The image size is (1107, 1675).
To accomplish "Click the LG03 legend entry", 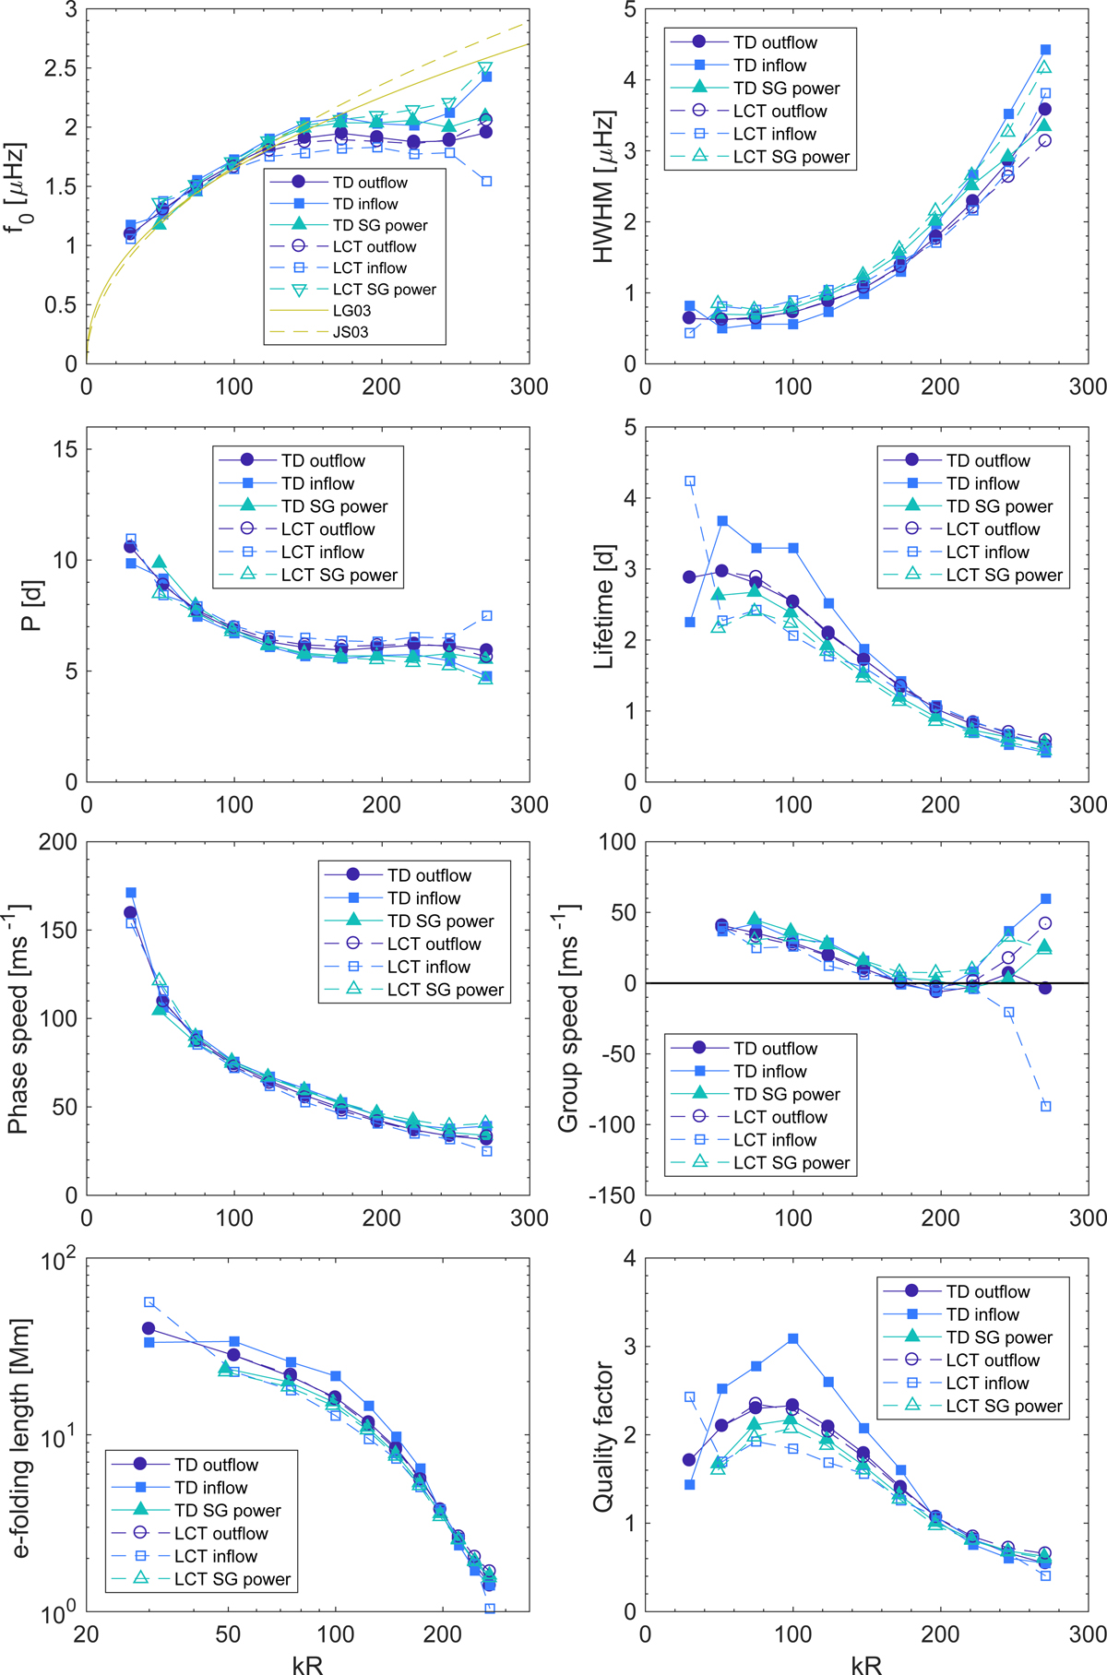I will click(351, 311).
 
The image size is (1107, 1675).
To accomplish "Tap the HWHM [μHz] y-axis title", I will click(604, 187).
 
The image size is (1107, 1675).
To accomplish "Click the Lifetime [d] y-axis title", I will click(604, 604).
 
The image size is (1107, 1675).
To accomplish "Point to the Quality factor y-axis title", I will click(604, 1436).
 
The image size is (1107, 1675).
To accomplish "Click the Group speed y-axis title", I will click(568, 1018).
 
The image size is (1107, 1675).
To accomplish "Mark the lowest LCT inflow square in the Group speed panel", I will click(1045, 1106).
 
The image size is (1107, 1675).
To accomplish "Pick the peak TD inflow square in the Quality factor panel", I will click(792, 1338).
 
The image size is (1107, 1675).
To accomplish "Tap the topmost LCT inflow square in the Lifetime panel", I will click(689, 481).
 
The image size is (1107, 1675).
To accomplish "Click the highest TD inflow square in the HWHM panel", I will click(1045, 50).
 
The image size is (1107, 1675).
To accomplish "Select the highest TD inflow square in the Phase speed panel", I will click(131, 893).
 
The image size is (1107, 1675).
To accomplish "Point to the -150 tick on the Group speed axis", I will click(613, 1195).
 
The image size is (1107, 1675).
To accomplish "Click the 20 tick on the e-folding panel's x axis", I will click(86, 1634).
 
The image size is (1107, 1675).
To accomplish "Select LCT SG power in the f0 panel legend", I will click(384, 290).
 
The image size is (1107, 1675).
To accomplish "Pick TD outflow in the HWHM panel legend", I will click(775, 42).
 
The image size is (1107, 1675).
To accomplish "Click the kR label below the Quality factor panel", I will click(866, 1662).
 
